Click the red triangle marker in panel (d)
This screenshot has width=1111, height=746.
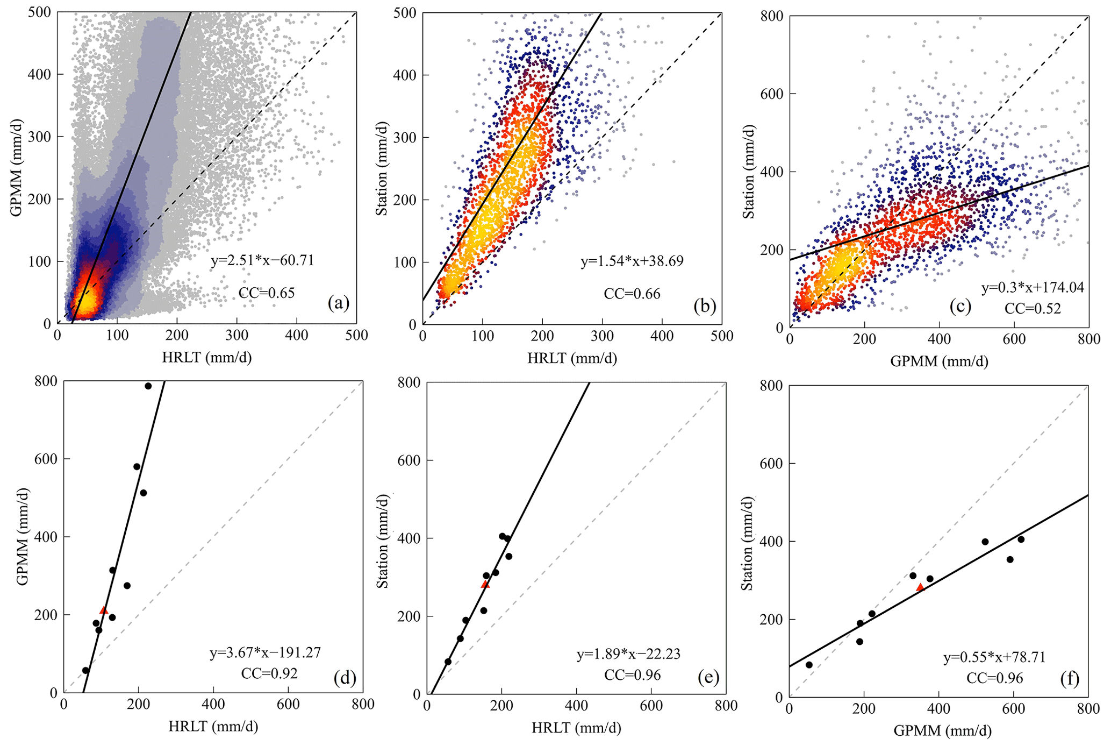coord(104,610)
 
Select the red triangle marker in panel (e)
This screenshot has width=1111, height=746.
coord(485,584)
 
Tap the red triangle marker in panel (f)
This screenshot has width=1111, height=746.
coord(920,587)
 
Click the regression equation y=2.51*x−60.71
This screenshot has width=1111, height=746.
coord(262,261)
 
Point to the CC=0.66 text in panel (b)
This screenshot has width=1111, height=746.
coord(632,294)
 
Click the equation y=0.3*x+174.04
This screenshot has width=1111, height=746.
coord(1033,287)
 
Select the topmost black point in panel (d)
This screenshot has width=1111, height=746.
coord(148,386)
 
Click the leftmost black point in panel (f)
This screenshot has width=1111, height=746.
coord(809,665)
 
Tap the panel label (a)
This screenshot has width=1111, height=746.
coord(339,303)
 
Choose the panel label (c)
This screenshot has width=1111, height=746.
coord(960,306)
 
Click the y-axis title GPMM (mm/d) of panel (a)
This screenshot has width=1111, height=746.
coord(16,167)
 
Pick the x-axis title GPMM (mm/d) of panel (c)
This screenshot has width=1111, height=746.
coord(939,361)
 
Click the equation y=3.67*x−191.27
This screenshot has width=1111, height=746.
coord(265,653)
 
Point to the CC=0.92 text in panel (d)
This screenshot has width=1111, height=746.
coord(269,673)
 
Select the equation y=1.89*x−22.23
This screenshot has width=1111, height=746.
coord(628,654)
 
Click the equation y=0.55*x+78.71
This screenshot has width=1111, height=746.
coord(994,658)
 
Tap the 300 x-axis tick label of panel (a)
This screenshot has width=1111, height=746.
coord(236,336)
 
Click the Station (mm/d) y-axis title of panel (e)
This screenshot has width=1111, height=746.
coord(382,538)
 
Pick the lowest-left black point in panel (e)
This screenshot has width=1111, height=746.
coord(448,662)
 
